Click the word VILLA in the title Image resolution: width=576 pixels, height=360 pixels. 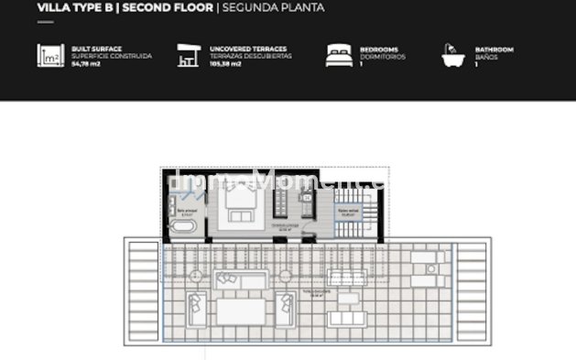(51, 9)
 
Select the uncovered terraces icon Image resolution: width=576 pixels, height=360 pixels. (190, 56)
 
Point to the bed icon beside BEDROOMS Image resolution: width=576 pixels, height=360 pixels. (338, 56)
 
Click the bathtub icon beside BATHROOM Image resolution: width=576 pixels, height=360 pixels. (452, 56)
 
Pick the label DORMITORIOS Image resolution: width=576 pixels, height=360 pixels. (379, 56)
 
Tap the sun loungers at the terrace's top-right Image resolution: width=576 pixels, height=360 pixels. (424, 266)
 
